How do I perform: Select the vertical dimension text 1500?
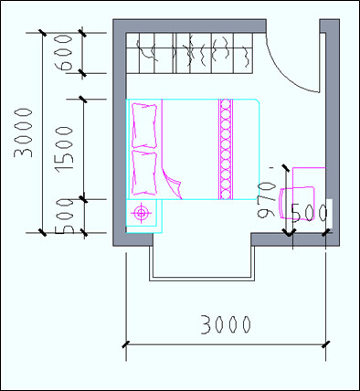[63, 148]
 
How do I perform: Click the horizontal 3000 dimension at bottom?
[226, 324]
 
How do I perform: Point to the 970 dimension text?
[267, 198]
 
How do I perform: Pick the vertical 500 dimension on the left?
[63, 217]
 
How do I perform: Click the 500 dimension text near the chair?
[309, 213]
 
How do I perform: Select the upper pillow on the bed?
[144, 125]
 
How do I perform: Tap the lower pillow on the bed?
[144, 172]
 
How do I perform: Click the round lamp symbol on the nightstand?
[141, 215]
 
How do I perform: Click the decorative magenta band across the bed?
[225, 149]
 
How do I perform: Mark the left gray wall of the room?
[119, 137]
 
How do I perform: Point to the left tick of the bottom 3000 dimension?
[125, 344]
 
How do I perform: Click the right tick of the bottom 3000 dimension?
[325, 344]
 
